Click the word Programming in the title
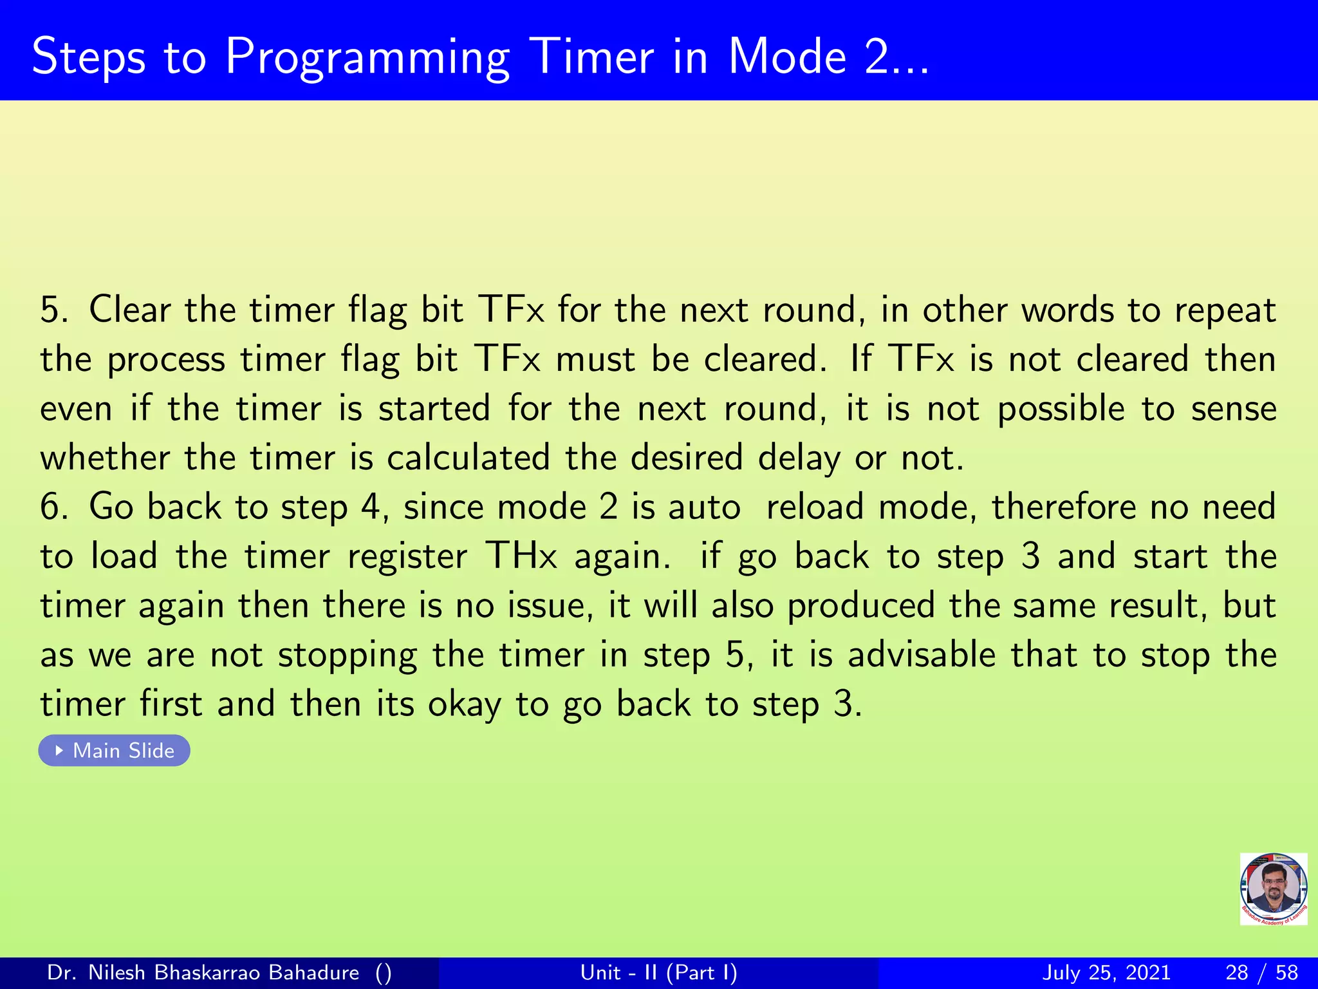[367, 58]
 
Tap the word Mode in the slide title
[787, 57]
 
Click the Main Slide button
[115, 750]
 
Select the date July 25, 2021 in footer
[1106, 972]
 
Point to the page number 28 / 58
[1261, 972]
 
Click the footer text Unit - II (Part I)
[658, 972]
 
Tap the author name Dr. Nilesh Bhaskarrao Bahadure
[203, 972]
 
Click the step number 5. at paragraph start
[54, 310]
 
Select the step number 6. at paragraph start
[54, 507]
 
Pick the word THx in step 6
[521, 556]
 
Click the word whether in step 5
[105, 458]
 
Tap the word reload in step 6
[815, 507]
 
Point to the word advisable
[922, 655]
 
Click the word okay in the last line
[464, 704]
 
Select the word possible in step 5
[1061, 410]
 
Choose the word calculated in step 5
[468, 458]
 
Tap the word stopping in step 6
[348, 656]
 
